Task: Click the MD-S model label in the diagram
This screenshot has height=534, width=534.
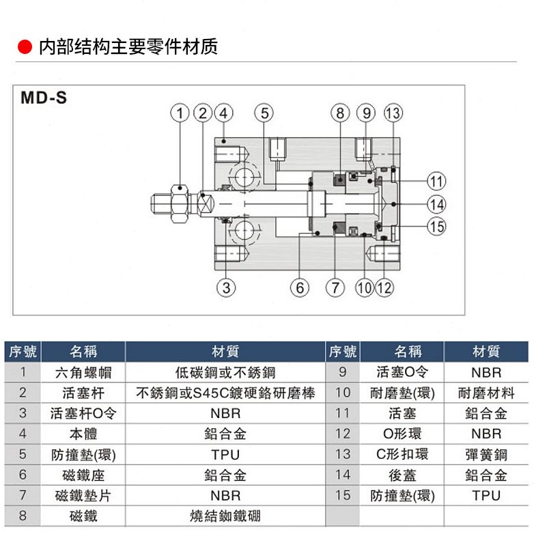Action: coord(44,98)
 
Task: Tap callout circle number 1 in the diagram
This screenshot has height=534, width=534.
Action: coord(179,113)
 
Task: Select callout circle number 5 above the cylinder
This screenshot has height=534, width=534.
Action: coord(263,113)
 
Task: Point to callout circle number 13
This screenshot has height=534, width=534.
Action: coord(393,113)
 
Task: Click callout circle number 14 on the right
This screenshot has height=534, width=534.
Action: coord(436,203)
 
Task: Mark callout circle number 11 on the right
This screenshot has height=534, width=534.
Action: coord(436,181)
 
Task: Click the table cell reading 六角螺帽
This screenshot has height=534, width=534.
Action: coord(83,372)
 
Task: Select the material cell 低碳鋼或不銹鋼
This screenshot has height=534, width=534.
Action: coord(225,372)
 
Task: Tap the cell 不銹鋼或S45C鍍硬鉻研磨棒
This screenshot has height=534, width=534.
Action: coord(225,393)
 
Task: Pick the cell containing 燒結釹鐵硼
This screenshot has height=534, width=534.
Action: coord(225,516)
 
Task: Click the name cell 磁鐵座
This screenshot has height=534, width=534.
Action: coord(83,475)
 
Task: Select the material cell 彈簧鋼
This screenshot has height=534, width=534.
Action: coord(486,454)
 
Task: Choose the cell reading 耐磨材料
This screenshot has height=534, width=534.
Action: coord(486,393)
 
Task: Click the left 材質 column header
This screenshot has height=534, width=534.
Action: coord(225,352)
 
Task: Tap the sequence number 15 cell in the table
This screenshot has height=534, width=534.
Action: coord(343,495)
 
